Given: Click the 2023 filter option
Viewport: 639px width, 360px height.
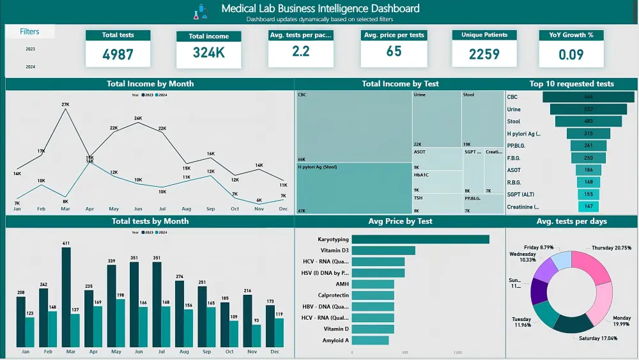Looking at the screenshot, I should tap(30, 49).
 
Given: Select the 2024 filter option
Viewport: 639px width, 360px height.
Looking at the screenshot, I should tap(30, 67).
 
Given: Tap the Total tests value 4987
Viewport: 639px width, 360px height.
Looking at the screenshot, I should tap(118, 54).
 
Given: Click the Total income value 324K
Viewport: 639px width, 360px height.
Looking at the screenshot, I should tap(209, 53).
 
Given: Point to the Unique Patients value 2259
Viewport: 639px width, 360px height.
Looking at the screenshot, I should tap(484, 54).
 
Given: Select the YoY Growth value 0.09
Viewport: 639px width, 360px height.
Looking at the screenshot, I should tap(571, 54).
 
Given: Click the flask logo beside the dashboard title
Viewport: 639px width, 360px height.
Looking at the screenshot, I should tap(203, 12).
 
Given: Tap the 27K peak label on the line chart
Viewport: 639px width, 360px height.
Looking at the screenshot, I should tap(65, 104).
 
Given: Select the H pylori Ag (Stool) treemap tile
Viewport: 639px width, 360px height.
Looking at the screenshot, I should tap(353, 188).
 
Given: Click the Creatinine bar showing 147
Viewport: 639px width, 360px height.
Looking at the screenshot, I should tap(588, 207).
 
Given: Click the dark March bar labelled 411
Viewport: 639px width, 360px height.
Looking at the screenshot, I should tap(66, 297).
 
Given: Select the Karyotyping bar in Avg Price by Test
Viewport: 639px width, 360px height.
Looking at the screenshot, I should tap(420, 239).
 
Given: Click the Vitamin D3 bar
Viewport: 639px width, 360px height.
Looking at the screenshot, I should tap(383, 251).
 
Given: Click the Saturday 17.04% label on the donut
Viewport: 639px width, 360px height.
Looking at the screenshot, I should tap(598, 338).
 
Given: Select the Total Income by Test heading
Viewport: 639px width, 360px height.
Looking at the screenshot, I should tap(400, 84).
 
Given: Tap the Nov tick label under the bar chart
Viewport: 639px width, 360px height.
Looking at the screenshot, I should tap(252, 352).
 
